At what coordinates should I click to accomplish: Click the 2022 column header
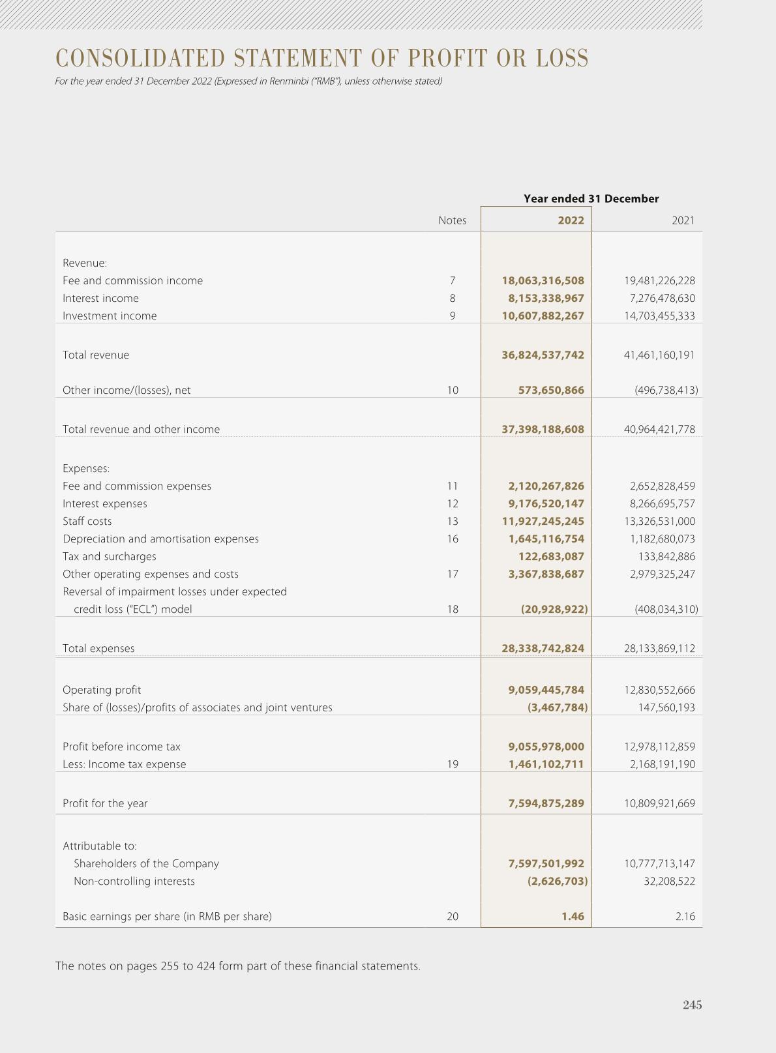tap(571, 220)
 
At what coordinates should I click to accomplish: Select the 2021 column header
tap(683, 220)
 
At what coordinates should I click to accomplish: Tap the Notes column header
tap(452, 220)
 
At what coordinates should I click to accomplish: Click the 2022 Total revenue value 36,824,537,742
tap(543, 355)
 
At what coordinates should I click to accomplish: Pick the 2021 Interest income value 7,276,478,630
tap(659, 299)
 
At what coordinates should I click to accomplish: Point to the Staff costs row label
tap(87, 522)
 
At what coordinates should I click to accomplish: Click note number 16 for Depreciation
tap(453, 539)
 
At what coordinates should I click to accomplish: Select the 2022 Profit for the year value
tap(546, 804)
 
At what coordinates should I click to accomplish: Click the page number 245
tap(692, 1005)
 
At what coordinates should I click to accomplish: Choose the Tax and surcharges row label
tap(109, 557)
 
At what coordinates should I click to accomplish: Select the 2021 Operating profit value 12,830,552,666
tap(659, 690)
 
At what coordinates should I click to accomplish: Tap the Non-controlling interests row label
tap(134, 882)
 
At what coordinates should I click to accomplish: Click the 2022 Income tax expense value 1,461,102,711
tap(546, 765)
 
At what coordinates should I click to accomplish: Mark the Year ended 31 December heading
tap(591, 199)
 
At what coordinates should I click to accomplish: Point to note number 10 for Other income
tap(453, 391)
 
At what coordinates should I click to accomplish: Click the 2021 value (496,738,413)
tap(666, 391)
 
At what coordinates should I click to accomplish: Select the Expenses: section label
tap(86, 469)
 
